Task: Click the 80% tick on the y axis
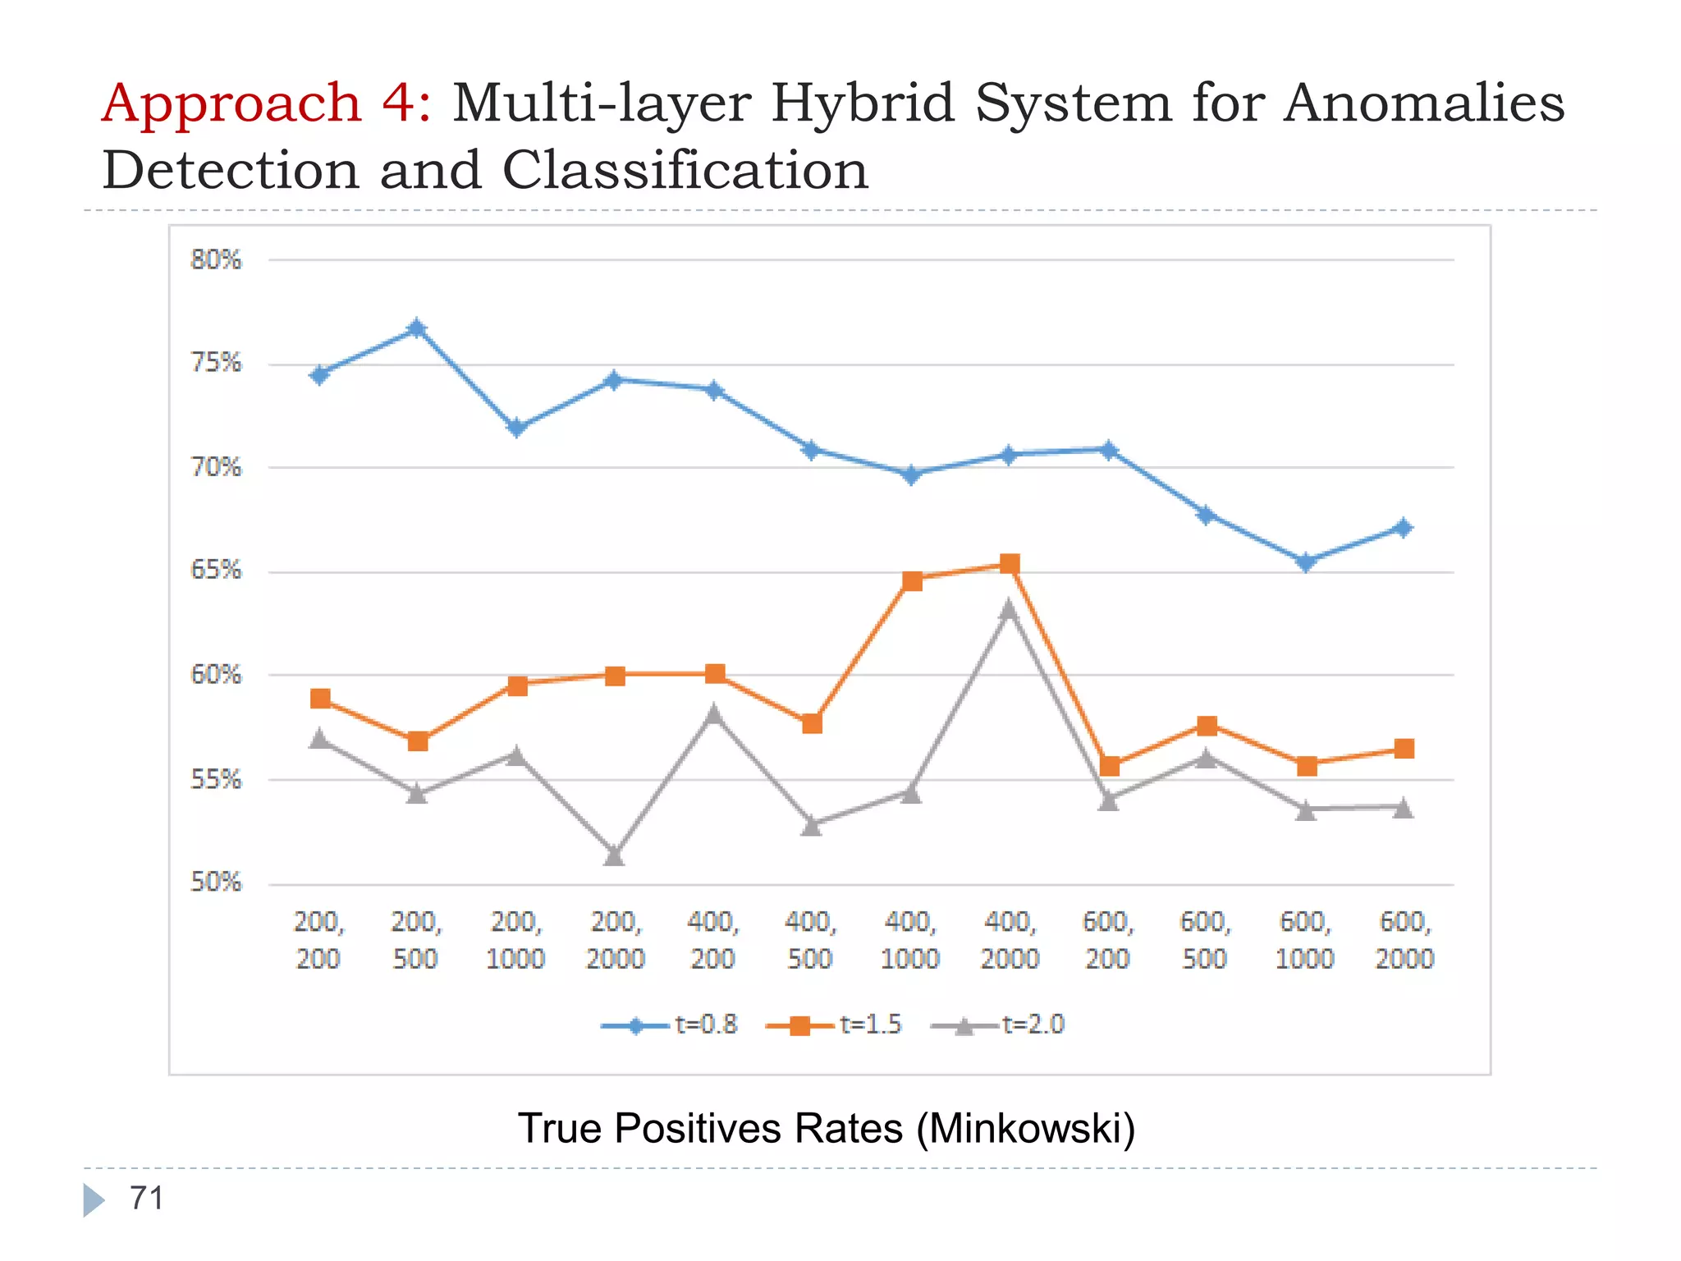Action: [x=216, y=260]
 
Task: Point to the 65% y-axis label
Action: [x=216, y=570]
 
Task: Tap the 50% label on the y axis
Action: [x=216, y=883]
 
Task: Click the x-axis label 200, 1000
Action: [x=515, y=940]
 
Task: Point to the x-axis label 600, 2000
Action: [x=1404, y=940]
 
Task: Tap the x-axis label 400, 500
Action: [x=810, y=940]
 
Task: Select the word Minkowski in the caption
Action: [x=1025, y=1128]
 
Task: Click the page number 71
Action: [x=147, y=1199]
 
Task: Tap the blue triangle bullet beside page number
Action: [x=94, y=1200]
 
